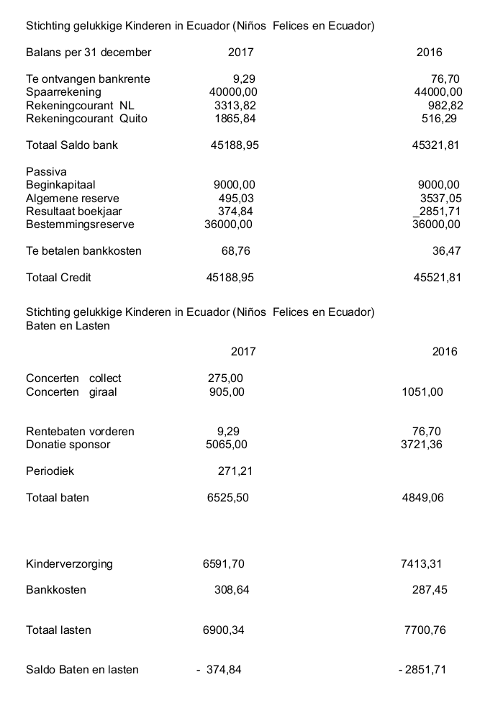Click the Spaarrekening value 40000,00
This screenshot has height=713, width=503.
tap(233, 92)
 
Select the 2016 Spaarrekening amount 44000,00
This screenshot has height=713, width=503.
tap(439, 92)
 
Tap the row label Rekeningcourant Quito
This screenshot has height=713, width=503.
tap(86, 119)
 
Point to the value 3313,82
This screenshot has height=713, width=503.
tap(235, 106)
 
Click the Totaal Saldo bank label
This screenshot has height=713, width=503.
tap(72, 145)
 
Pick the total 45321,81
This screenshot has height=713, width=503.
tap(436, 145)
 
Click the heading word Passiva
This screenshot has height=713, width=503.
tap(46, 172)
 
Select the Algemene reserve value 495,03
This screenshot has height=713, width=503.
tap(236, 199)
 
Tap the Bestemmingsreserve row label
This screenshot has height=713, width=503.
tap(80, 224)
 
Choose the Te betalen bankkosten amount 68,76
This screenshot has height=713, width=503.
tap(236, 251)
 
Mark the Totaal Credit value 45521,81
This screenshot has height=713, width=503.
tap(438, 278)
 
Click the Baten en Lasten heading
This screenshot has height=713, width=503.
tap(68, 325)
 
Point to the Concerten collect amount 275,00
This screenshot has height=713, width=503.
tap(225, 378)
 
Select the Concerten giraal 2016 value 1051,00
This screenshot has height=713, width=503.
tap(422, 392)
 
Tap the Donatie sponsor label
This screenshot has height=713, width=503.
tap(68, 445)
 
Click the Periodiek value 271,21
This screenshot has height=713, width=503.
tap(235, 472)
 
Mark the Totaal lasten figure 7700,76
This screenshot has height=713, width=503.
tap(425, 630)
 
